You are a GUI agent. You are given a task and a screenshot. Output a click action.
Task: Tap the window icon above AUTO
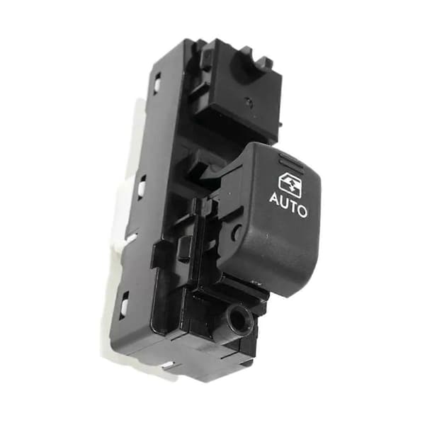290,183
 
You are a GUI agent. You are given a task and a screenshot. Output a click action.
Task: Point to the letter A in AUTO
275,198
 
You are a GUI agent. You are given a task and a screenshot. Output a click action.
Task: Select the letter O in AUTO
302,211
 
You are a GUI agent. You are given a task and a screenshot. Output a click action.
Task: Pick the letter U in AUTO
284,202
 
